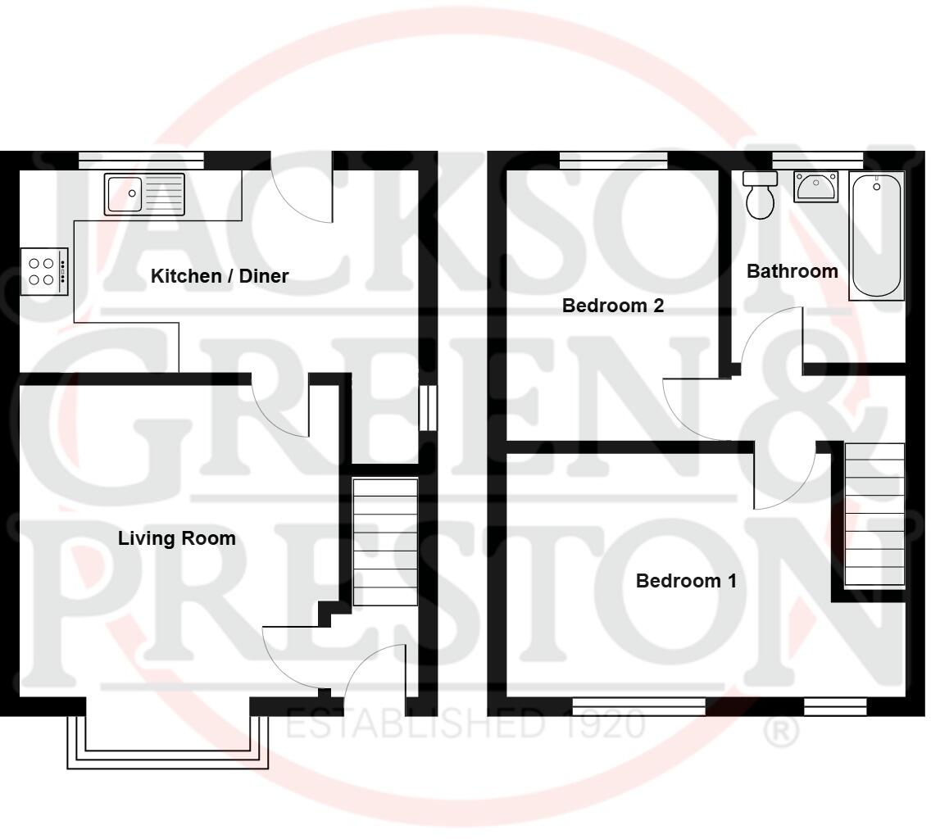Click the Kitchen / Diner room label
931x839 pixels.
point(220,276)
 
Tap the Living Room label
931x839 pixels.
point(177,538)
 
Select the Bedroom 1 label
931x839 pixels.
point(686,581)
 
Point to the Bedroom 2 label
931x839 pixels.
point(612,306)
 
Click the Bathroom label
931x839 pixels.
point(792,271)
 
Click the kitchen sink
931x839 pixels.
point(144,193)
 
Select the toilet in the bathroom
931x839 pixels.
point(760,196)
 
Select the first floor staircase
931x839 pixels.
point(874,515)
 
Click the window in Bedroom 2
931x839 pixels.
point(613,160)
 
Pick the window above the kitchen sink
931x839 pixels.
point(141,160)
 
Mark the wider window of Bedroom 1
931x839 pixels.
point(638,706)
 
